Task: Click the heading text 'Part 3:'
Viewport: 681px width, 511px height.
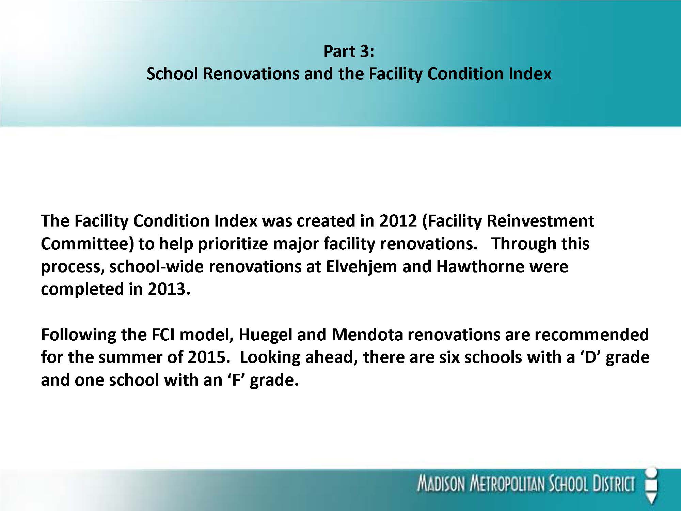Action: tap(349, 51)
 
